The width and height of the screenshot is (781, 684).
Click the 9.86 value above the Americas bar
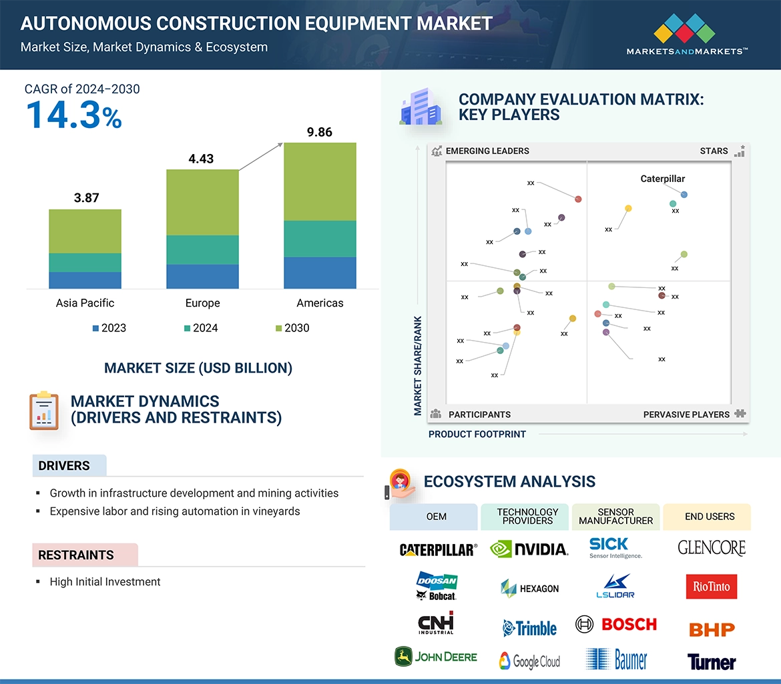coord(320,132)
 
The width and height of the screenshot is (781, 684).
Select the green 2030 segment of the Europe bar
coord(202,202)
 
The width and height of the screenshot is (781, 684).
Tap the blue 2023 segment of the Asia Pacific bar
coord(85,280)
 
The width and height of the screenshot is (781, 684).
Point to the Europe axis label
coord(202,303)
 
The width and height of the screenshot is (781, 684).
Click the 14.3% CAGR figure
coord(74,115)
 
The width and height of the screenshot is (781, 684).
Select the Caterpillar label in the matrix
coord(662,179)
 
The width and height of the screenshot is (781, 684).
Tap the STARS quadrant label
coord(714,151)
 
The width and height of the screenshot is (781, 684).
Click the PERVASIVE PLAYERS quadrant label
coord(686,415)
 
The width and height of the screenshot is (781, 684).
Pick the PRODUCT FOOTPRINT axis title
coord(477,434)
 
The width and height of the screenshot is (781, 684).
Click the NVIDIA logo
coord(529,549)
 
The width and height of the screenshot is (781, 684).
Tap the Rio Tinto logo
coord(711,587)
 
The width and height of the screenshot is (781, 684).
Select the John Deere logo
coord(436,657)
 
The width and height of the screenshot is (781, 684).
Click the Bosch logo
coord(616,625)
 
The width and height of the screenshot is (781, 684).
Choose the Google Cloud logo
coord(529,661)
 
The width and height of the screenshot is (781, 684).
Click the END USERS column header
coord(709,517)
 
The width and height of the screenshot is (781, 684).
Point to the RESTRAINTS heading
coord(75,555)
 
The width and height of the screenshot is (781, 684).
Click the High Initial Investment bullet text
coord(105,582)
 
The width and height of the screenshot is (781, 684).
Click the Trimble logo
coord(529,628)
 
